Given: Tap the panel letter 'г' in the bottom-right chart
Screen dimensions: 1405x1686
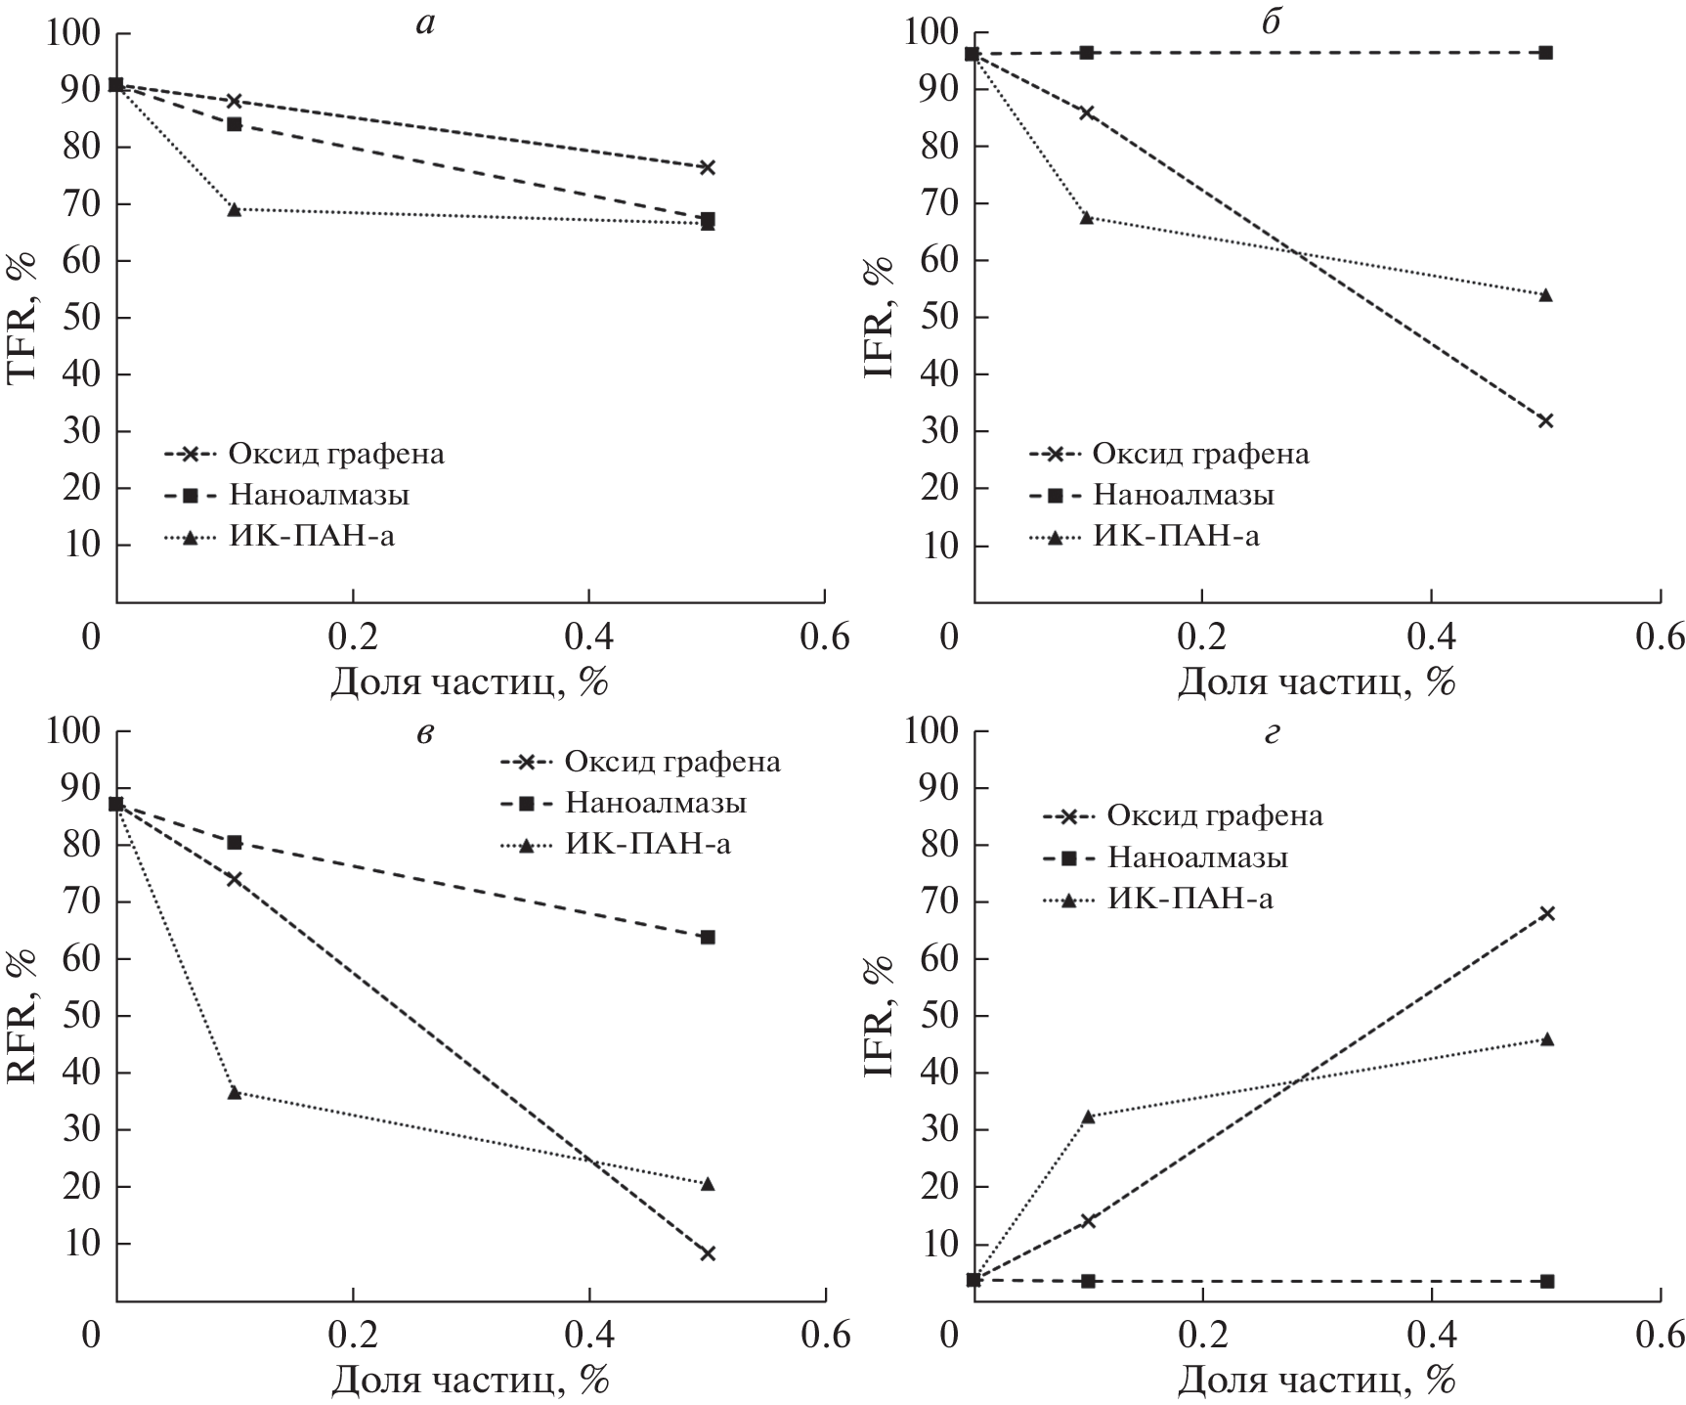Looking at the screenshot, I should click(x=1271, y=733).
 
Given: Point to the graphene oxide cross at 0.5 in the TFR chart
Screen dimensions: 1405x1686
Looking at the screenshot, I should click(x=708, y=167).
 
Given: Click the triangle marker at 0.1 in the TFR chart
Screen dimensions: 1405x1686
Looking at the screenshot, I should click(x=235, y=209).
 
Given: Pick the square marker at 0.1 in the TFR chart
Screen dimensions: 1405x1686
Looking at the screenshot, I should click(x=235, y=124).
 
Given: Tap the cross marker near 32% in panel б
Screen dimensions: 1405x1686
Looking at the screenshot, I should click(x=1545, y=421).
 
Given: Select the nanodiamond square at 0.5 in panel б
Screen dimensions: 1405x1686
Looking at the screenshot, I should click(x=1545, y=53).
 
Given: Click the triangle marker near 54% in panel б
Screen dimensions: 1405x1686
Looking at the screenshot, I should click(x=1545, y=294).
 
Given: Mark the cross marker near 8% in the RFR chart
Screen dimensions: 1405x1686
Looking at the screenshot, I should click(x=708, y=1253).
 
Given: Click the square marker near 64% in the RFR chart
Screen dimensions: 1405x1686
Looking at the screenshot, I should click(x=708, y=937).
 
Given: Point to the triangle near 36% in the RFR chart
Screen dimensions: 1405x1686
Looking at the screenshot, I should click(x=235, y=1092).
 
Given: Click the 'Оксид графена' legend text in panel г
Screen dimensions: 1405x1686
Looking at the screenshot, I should click(x=1214, y=815).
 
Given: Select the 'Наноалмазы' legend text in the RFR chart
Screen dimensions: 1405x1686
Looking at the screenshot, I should click(x=656, y=803).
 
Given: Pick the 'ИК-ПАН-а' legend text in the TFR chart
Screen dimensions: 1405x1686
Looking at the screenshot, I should click(x=312, y=536).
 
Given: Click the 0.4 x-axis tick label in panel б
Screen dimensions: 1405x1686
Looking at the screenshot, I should click(x=1430, y=637).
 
